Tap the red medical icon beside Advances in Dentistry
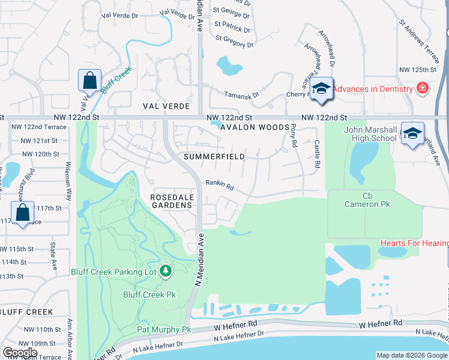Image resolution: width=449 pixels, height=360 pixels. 423,88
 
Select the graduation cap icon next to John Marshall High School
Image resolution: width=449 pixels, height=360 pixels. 412,133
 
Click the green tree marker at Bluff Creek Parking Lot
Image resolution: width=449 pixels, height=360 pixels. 166,271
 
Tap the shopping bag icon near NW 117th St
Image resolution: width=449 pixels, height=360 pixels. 22,212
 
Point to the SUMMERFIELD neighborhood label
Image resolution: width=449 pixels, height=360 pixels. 214,157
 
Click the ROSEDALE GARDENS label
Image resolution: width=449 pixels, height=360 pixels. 171,200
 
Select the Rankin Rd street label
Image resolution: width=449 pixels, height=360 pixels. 220,186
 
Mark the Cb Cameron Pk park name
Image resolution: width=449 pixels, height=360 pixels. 367,200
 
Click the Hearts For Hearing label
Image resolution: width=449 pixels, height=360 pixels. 414,243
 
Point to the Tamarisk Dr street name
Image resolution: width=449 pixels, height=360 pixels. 241,95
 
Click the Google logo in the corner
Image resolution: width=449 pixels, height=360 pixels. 20,353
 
